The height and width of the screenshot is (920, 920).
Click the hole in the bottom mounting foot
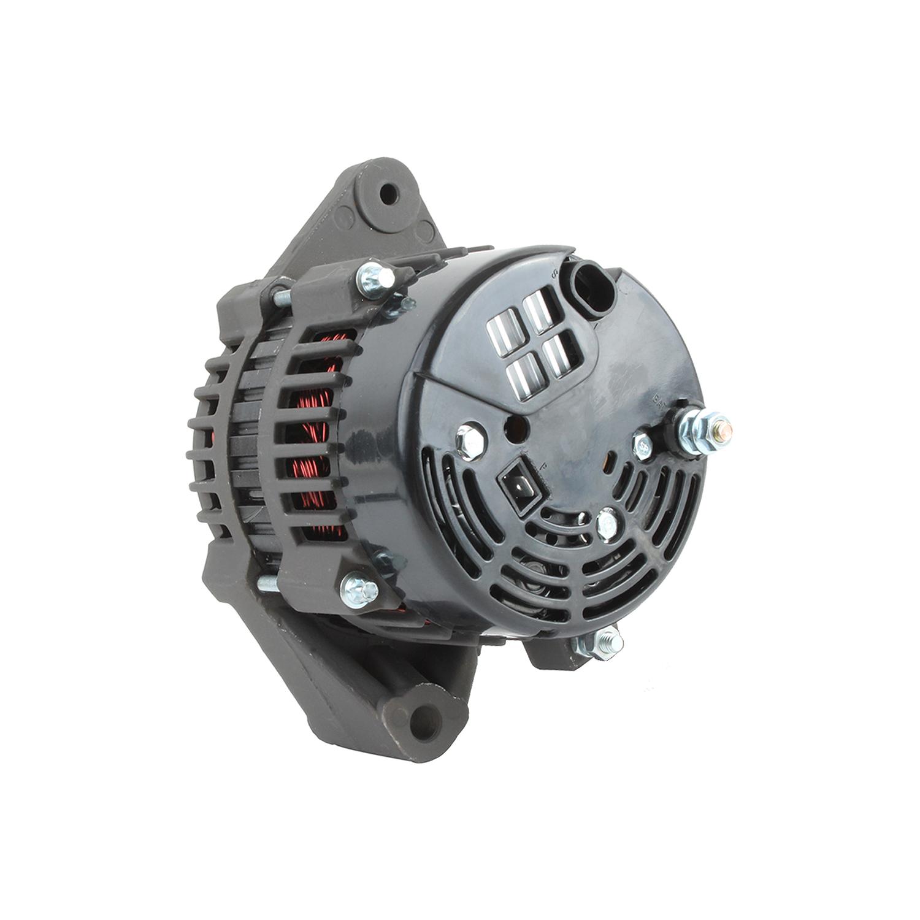(x=423, y=715)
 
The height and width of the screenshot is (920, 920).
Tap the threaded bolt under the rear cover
(x=598, y=644)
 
